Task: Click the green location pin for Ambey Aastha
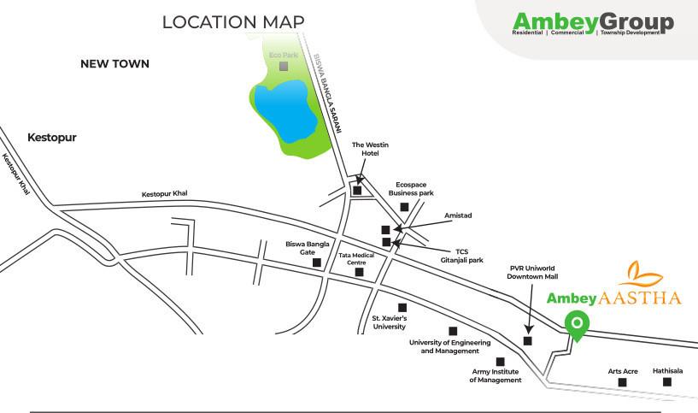[x=578, y=326]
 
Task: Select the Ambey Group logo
[x=593, y=24]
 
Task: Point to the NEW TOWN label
[x=114, y=64]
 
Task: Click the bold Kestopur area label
[x=51, y=137]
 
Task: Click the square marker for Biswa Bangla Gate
[x=317, y=263]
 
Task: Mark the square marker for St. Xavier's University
[x=402, y=307]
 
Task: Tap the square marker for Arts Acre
[x=622, y=382]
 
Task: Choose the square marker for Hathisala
[x=667, y=382]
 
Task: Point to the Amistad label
[x=459, y=216]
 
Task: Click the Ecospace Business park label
[x=411, y=188]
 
